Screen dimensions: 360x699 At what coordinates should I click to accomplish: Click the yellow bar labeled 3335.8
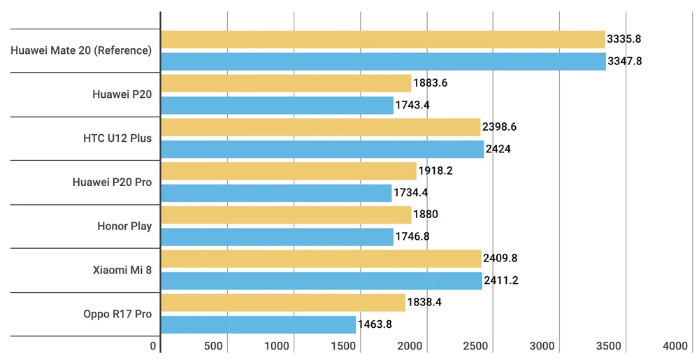tap(382, 39)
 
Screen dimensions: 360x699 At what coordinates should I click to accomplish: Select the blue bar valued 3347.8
tap(383, 62)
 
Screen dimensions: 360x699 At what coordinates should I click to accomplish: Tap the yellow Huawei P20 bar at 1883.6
tap(286, 83)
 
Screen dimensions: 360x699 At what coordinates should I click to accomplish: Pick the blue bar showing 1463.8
tap(258, 324)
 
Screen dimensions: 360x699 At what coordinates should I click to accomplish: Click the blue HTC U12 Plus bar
tap(322, 149)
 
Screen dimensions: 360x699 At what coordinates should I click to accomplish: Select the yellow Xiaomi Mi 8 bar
tap(321, 259)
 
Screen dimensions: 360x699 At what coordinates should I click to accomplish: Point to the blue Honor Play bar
tap(277, 236)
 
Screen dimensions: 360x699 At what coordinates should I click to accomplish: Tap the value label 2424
tap(498, 149)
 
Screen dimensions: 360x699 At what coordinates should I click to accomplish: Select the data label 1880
tap(426, 215)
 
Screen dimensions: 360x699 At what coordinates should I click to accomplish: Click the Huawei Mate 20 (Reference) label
tap(81, 50)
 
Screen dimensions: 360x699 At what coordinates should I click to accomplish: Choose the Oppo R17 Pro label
tap(117, 314)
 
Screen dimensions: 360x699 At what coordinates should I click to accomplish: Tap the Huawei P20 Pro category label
tap(112, 182)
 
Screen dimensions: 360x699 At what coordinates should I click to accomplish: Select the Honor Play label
tap(124, 226)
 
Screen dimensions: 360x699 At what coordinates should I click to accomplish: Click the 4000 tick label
tap(675, 346)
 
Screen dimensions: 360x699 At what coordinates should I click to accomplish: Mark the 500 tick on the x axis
tap(213, 346)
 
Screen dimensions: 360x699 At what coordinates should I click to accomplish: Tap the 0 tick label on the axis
tap(154, 346)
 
